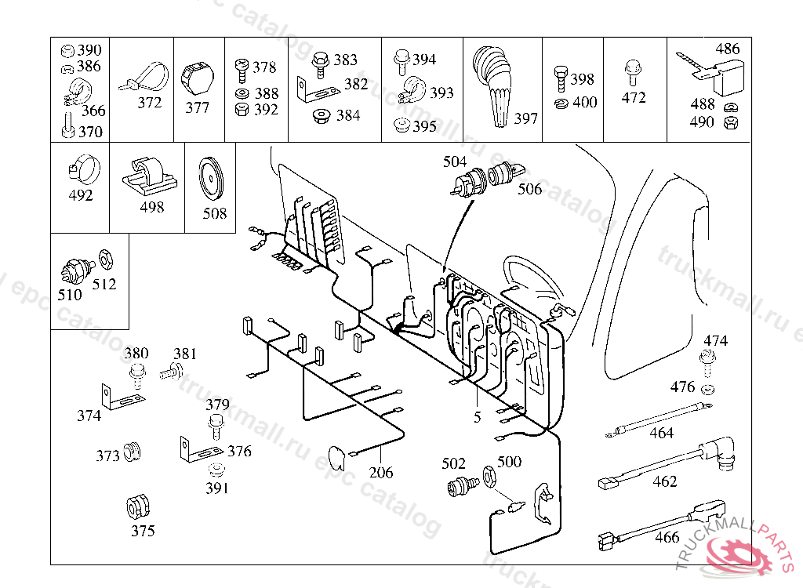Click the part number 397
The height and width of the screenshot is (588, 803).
[x=525, y=118]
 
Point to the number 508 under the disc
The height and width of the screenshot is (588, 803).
[x=215, y=213]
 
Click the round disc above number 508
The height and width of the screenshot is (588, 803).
[x=210, y=180]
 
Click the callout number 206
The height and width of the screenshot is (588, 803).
[x=381, y=472]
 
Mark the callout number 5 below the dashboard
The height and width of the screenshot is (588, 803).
[x=478, y=417]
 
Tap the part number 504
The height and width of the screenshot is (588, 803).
[x=455, y=162]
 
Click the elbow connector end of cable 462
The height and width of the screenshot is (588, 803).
[x=721, y=452]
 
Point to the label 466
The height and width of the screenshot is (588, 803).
[x=667, y=537]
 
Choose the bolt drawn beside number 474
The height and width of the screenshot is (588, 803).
[x=708, y=363]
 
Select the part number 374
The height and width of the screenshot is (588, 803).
[x=89, y=416]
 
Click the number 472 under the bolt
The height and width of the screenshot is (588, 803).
[x=634, y=97]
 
